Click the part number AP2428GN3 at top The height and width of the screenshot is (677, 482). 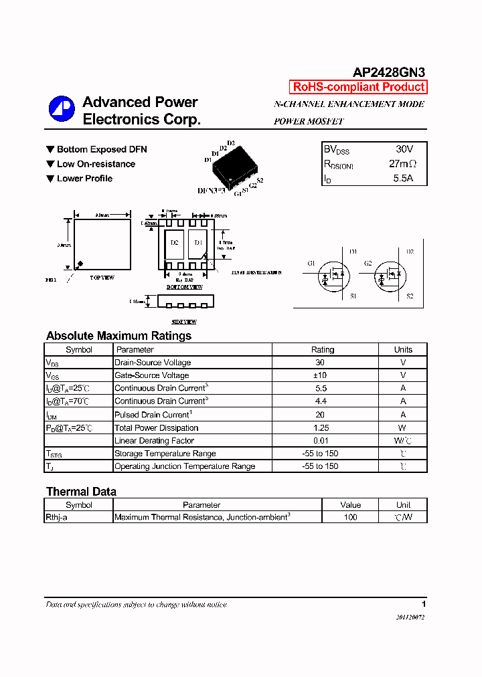coord(388,73)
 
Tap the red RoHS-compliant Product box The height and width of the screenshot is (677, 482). coord(358,87)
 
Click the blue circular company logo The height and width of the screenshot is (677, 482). coord(62,109)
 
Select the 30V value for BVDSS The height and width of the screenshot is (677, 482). coord(404,149)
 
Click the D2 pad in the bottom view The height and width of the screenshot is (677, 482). coord(174,243)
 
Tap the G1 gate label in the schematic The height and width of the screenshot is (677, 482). coord(311,263)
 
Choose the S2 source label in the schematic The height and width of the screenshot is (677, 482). coord(410,296)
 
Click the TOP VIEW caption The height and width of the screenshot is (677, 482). coord(102,277)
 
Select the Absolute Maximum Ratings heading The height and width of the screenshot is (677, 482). coord(118,336)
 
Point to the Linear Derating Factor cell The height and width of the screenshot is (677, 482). coord(155,441)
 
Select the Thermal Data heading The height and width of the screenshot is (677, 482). coord(81,492)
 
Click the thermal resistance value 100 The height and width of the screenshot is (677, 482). coord(350,517)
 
